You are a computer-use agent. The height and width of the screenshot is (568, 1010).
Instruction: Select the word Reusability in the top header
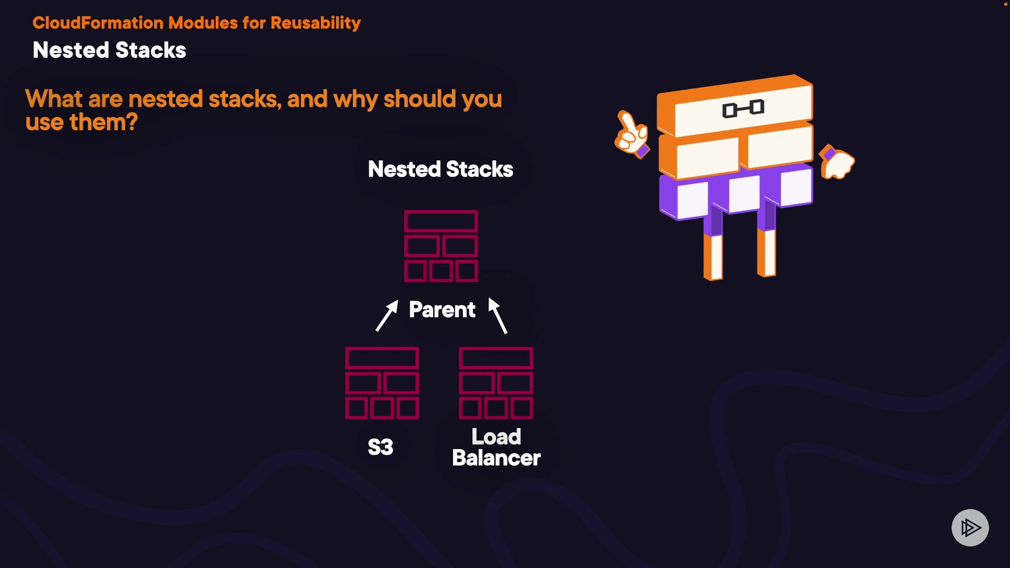pos(316,23)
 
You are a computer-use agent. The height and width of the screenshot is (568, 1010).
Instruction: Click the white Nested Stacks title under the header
pos(109,50)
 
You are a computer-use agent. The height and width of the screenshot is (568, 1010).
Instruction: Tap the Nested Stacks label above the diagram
pos(440,169)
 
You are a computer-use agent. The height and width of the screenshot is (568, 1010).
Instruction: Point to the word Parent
pos(442,310)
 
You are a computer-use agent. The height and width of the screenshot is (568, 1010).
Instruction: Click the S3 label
pos(380,447)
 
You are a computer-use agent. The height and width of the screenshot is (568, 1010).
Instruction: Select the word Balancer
pos(496,458)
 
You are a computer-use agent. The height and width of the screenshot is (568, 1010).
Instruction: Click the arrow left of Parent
pos(387,316)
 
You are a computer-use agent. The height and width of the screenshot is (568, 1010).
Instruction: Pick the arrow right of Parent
pos(498,315)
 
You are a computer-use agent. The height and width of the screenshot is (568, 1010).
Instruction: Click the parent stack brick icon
pos(441,246)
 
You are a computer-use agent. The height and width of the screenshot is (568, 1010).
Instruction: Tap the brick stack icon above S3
pos(382,383)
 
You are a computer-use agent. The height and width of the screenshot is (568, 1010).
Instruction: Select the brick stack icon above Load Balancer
pos(496,383)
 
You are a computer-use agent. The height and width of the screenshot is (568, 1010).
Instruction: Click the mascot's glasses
pos(743,109)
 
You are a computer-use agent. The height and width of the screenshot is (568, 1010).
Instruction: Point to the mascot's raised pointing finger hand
pos(631,134)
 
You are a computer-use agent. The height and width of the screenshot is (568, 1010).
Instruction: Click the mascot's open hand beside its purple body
pos(837,163)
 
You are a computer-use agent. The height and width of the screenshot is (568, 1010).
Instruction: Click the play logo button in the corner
pos(970,528)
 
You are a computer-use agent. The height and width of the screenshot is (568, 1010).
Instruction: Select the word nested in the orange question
pos(165,99)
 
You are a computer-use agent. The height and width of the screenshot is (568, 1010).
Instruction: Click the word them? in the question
pos(104,123)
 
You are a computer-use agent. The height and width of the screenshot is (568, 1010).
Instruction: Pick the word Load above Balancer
pos(496,437)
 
